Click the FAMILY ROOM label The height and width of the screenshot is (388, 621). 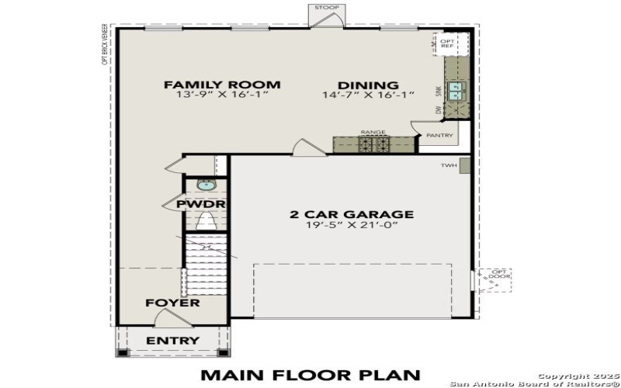tap(222, 85)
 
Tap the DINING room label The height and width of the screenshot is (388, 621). tap(368, 85)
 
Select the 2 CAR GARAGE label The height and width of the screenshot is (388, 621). tap(352, 214)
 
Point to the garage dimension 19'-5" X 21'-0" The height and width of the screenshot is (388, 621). tap(352, 226)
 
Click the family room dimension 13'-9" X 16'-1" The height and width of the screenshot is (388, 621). tap(222, 95)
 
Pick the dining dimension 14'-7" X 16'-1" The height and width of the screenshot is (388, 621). tap(368, 95)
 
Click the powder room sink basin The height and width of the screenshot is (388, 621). tap(205, 185)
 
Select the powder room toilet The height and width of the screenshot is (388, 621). tap(206, 223)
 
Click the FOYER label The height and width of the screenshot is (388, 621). tap(172, 302)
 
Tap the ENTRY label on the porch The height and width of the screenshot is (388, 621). tap(173, 340)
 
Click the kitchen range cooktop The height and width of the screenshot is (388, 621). tap(373, 144)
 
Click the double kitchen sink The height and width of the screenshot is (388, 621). tap(455, 92)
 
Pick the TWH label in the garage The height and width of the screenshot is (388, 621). tap(449, 165)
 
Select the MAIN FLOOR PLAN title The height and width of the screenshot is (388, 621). tap(310, 375)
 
